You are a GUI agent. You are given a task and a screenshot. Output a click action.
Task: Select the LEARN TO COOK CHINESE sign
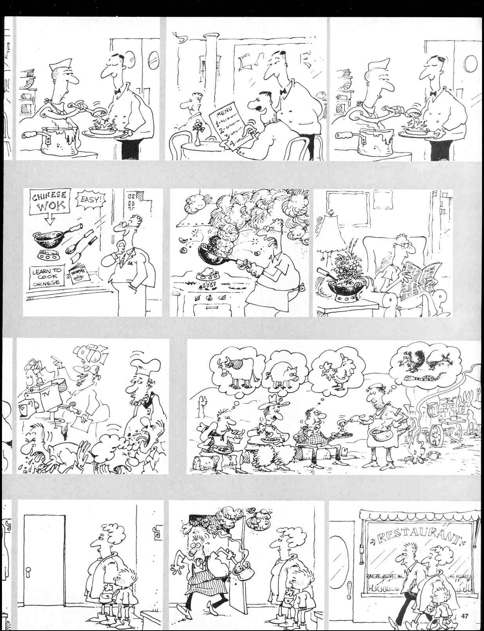point(46,277)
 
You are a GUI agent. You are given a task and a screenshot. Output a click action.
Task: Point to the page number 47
point(465,616)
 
